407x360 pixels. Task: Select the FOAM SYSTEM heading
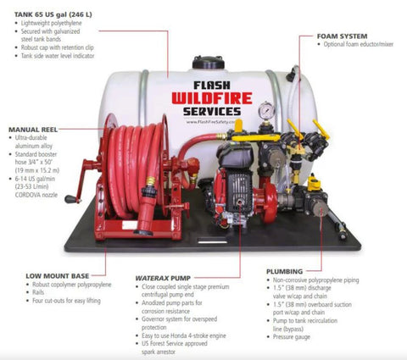[x=341, y=36]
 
